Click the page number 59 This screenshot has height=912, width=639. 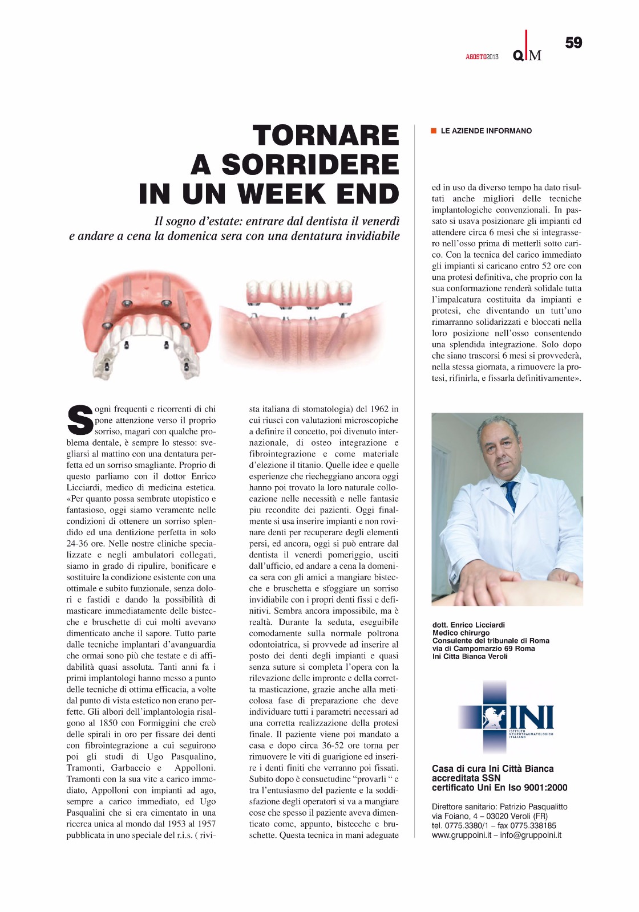573,43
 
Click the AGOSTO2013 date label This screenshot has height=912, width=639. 482,56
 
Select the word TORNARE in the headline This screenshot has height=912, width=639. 326,136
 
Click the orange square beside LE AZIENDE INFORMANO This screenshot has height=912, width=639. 434,131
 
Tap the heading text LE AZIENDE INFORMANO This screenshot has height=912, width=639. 486,131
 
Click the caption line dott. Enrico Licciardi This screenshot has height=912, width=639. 468,625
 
